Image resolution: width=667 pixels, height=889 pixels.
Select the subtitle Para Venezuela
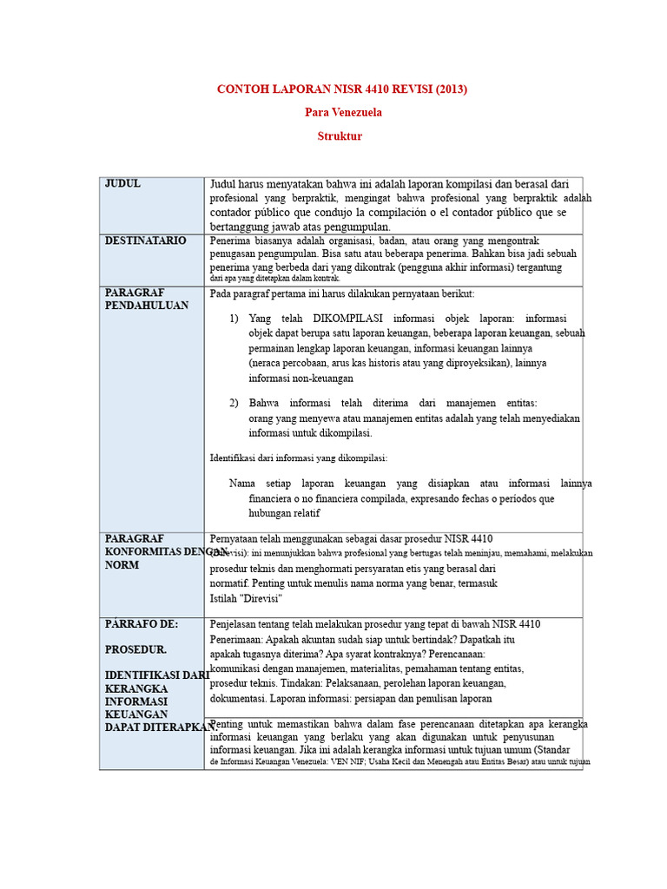pyautogui.click(x=343, y=113)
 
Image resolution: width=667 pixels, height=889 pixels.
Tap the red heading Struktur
pyautogui.click(x=340, y=136)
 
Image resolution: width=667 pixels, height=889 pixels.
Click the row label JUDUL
pyautogui.click(x=122, y=184)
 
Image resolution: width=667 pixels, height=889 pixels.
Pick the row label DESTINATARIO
pyautogui.click(x=145, y=240)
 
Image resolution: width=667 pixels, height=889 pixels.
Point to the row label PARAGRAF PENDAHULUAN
pyautogui.click(x=146, y=300)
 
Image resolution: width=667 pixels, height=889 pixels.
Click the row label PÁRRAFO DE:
pyautogui.click(x=142, y=624)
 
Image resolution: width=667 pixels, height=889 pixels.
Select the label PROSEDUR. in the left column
pyautogui.click(x=136, y=649)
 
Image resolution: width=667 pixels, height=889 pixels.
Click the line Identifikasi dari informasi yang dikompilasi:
pyautogui.click(x=299, y=458)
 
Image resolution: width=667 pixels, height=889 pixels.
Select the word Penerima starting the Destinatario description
pyautogui.click(x=233, y=240)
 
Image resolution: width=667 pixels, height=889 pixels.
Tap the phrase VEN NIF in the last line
pyautogui.click(x=361, y=761)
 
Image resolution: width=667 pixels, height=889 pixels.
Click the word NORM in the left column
pyautogui.click(x=122, y=565)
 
